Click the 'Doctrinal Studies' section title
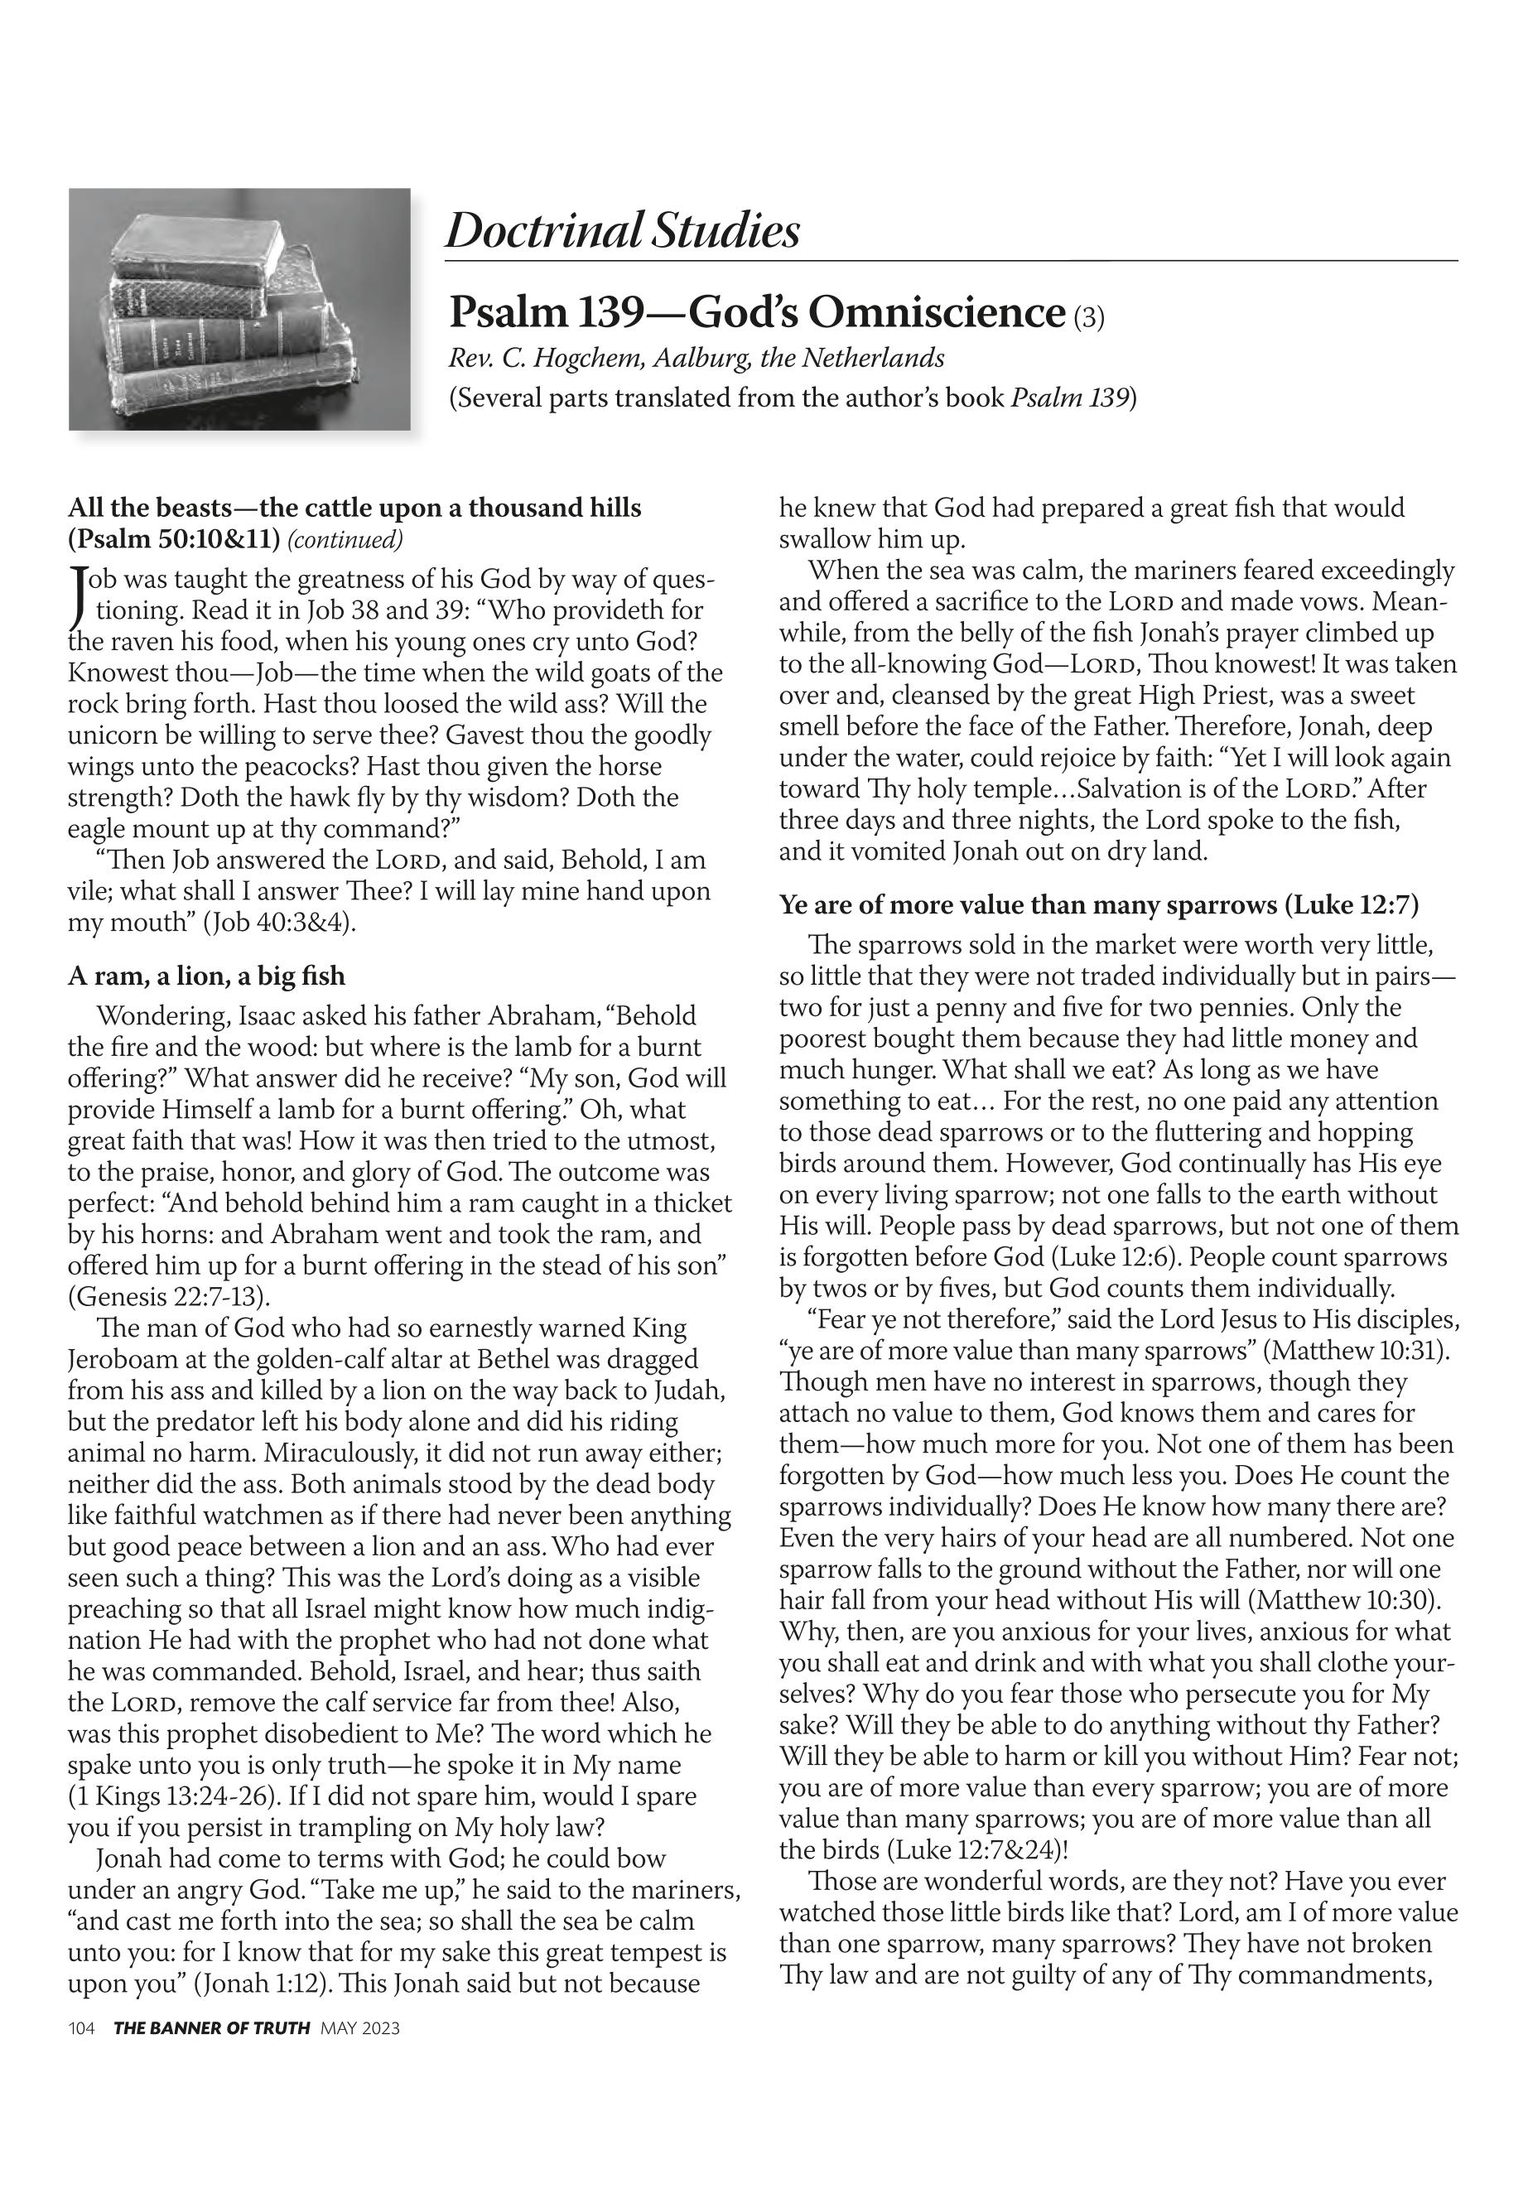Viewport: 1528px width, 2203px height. click(x=622, y=231)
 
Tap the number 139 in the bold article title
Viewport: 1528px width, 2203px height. click(x=626, y=312)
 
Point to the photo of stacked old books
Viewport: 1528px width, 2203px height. click(x=239, y=308)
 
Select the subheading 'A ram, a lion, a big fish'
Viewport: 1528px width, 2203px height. click(x=207, y=976)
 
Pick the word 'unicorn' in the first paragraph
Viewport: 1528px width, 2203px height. click(x=114, y=735)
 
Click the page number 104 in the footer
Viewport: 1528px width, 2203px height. click(x=81, y=2027)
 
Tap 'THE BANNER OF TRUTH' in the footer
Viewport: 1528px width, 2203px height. click(x=211, y=2027)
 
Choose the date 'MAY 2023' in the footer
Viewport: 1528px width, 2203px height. click(x=360, y=2027)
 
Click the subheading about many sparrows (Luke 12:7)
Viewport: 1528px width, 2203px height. click(x=1099, y=904)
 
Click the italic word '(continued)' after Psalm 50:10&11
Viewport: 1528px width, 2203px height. click(x=345, y=540)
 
